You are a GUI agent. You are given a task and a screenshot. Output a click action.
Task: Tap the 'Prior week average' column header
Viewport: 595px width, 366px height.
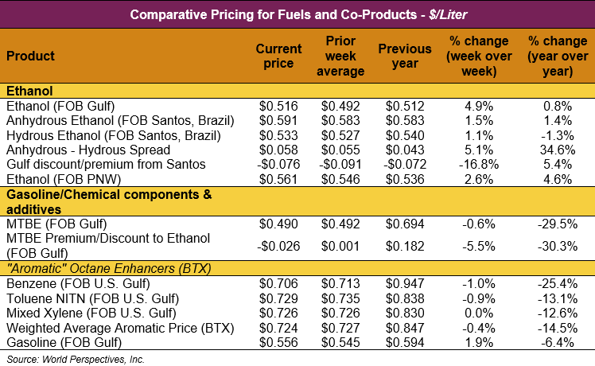(345, 56)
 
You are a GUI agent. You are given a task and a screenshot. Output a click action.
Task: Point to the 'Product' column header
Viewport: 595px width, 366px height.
(30, 56)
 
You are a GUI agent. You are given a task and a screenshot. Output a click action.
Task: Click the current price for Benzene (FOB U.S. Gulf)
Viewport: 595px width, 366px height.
(279, 283)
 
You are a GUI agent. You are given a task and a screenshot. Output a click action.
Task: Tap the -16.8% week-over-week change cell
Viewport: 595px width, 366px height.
(475, 164)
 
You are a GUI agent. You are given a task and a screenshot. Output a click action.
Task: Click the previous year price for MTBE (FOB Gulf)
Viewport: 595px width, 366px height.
(406, 224)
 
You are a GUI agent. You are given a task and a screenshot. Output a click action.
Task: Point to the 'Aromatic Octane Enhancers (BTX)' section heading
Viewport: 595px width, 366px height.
(108, 268)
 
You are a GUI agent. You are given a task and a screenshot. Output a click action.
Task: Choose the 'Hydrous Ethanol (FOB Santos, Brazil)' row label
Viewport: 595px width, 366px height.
(106, 134)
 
